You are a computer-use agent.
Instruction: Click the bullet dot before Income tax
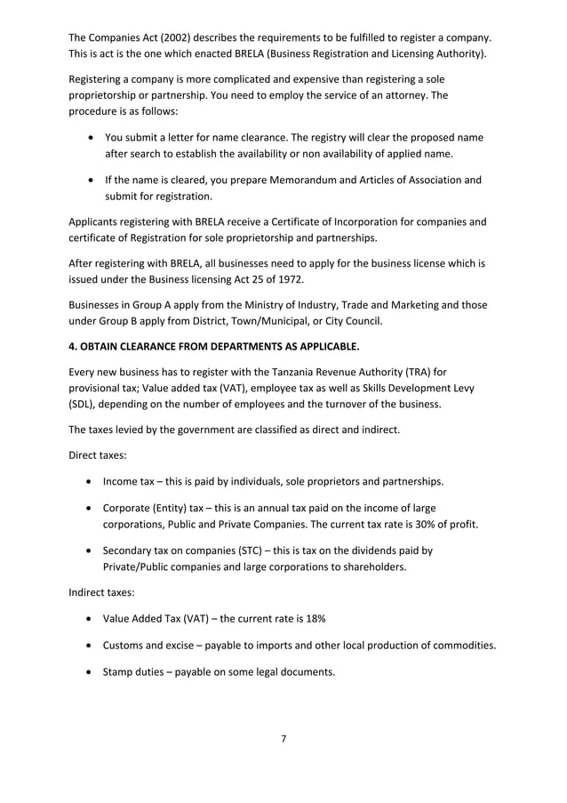point(90,482)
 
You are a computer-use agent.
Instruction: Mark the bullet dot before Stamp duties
point(90,671)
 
